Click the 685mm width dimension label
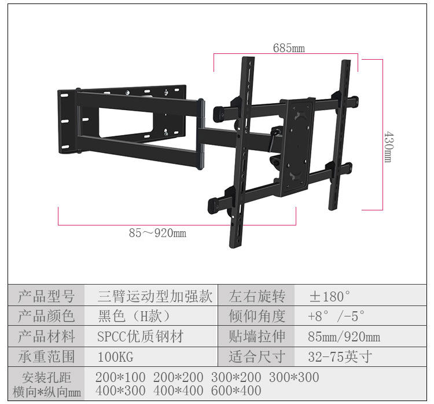[289, 48]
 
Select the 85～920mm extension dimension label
[157, 232]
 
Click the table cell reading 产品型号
[46, 296]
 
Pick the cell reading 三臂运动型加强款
[155, 296]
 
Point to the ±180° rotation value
[330, 296]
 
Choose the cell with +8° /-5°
[336, 316]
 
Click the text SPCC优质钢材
[141, 336]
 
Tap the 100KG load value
[116, 356]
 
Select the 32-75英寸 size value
[340, 356]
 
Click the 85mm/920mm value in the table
[344, 337]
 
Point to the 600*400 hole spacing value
[236, 391]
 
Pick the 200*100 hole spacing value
[120, 377]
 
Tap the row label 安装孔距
[46, 377]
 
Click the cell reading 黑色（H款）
[134, 316]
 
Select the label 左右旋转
[257, 296]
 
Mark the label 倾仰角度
[257, 316]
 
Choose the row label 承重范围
[46, 356]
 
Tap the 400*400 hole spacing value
[178, 391]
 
